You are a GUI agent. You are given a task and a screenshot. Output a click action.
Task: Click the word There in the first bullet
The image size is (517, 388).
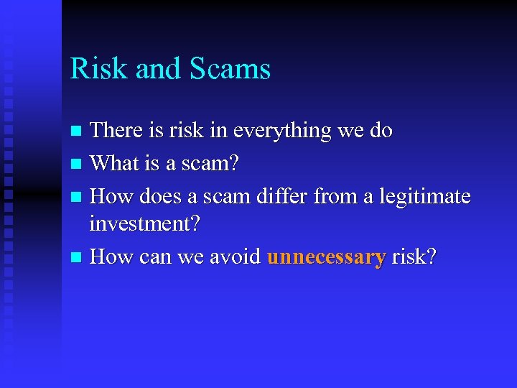coord(118,131)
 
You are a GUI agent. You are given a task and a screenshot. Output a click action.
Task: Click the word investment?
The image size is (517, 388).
coord(144,224)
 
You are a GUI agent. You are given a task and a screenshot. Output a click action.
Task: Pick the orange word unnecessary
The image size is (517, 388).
coord(327,257)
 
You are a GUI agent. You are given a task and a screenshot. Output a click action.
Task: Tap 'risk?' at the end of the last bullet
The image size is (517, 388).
coord(414,257)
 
